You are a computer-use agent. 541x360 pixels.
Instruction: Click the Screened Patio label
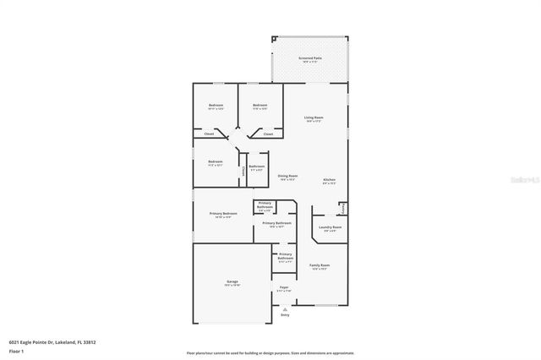pos(309,58)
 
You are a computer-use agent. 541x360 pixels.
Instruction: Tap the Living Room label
pos(314,117)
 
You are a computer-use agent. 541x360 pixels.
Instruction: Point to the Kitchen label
pos(329,180)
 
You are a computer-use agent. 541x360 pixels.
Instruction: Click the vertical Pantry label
pos(342,208)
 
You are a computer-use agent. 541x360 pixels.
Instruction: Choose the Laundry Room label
pos(330,227)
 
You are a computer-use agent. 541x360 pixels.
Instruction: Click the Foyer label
pos(284,288)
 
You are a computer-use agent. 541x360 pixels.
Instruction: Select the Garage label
pos(232,281)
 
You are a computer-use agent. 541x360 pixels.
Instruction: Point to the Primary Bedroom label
pos(223,214)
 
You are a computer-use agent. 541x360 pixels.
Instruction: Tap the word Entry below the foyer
pos(284,315)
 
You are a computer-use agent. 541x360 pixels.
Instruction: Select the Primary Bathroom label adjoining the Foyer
pos(285,257)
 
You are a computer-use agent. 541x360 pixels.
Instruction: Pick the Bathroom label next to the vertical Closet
pos(256,166)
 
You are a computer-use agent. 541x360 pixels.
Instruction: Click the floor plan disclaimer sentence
pos(270,352)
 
